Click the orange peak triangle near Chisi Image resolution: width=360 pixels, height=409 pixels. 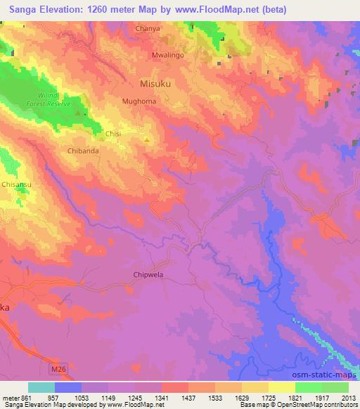pos(146,139)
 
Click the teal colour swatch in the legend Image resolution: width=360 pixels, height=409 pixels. pos(41,387)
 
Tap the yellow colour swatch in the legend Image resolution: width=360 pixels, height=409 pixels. pos(281,387)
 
